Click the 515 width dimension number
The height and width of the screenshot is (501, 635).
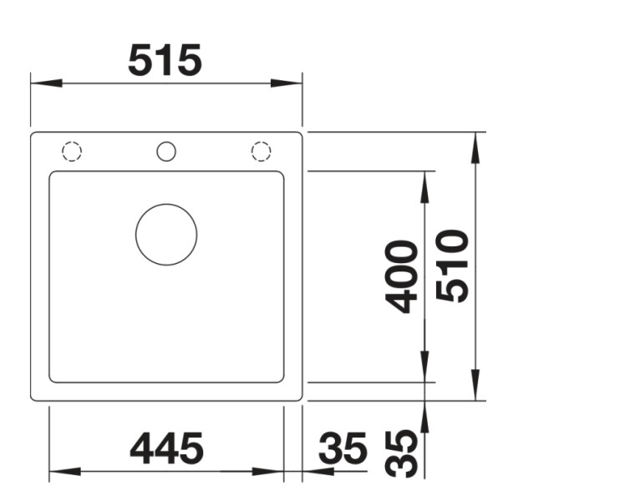[x=165, y=60]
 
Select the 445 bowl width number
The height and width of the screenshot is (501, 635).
[x=166, y=449]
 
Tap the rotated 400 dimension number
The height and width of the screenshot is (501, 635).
[x=403, y=276]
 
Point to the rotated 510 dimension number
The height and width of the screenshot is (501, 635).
[x=453, y=266]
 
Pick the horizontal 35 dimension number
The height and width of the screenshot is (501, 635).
[x=343, y=450]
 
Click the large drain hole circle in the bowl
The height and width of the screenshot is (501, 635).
[x=166, y=235]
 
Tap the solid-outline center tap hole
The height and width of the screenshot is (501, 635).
[x=166, y=151]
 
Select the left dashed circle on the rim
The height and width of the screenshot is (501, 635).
[x=72, y=151]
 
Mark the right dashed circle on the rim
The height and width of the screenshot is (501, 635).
[x=262, y=151]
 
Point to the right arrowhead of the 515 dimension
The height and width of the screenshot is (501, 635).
[x=287, y=83]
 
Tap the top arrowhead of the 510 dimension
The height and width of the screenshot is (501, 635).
[x=475, y=147]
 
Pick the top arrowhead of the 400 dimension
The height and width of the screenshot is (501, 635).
[x=424, y=185]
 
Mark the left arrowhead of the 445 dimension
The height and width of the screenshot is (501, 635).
[x=63, y=472]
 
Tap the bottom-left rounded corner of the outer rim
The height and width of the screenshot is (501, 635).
[x=34, y=397]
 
